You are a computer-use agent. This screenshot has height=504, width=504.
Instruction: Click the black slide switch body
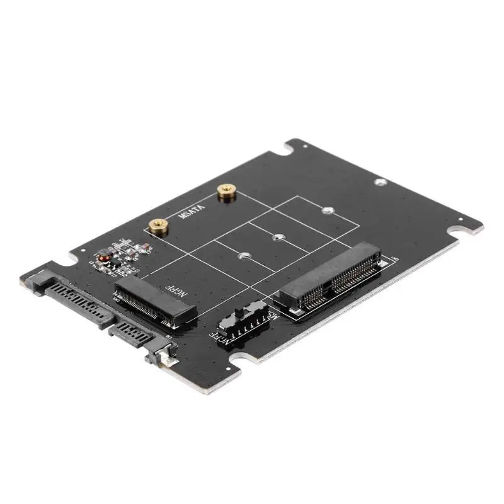243,322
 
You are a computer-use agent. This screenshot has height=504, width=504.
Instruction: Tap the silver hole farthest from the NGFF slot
326,211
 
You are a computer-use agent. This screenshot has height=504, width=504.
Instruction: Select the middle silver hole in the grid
277,238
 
